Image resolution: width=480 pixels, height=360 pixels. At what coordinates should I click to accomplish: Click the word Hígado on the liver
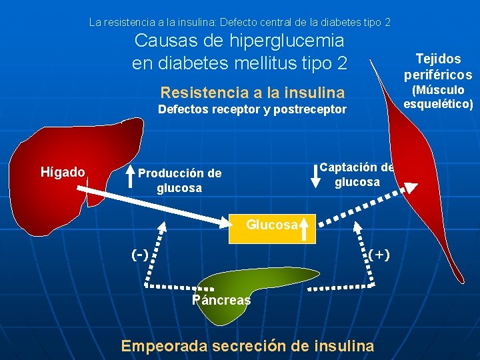[63, 173]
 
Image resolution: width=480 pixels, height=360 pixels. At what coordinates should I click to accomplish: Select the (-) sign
[140, 255]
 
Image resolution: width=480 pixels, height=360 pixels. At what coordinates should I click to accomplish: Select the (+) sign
[379, 255]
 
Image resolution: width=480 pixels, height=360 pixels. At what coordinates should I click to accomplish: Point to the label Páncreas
[221, 300]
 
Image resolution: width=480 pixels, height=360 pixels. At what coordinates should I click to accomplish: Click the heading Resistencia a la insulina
[253, 92]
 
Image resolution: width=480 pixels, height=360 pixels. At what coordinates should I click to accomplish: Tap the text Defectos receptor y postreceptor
[252, 109]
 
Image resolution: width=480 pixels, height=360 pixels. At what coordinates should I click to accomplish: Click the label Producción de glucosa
[179, 181]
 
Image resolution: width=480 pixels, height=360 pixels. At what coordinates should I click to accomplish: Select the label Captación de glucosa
[357, 175]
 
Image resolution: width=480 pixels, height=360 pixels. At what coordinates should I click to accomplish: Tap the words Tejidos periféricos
[438, 67]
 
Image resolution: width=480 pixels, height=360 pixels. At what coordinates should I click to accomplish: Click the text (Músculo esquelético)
[438, 97]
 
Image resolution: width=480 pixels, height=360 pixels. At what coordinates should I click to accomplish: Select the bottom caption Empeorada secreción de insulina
[247, 345]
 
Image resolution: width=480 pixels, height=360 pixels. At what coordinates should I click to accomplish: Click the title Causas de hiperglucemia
[239, 41]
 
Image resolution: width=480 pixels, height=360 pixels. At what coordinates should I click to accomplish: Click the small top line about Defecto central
[240, 22]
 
